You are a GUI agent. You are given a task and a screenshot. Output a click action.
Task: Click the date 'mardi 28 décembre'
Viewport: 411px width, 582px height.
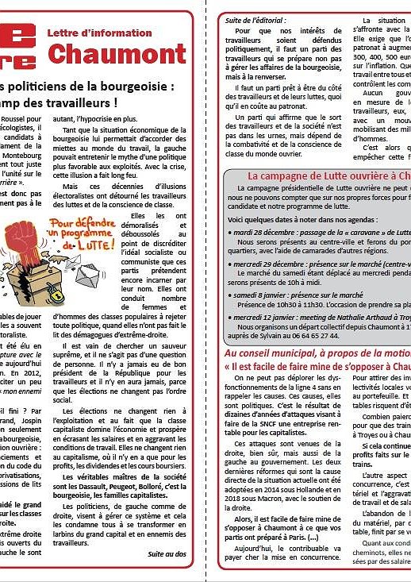click(x=268, y=231)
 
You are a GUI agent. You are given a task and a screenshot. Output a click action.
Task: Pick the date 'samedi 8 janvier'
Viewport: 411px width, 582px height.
click(x=263, y=295)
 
